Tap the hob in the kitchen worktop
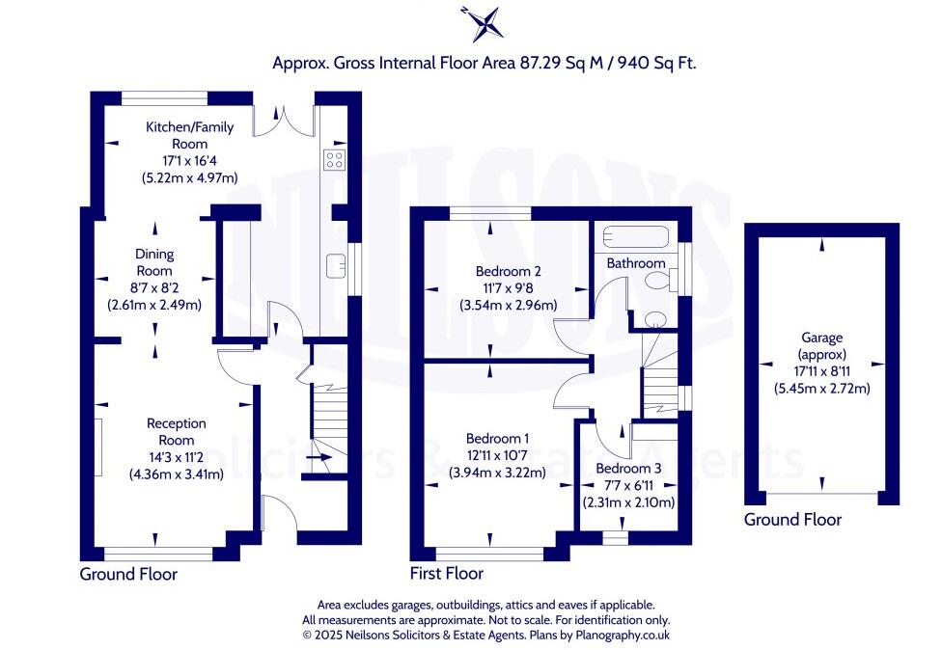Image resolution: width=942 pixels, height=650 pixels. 335,158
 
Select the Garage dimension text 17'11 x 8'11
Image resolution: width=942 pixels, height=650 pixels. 821,372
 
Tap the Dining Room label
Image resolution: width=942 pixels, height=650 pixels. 153,262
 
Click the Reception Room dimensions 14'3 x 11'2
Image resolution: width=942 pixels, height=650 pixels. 176,457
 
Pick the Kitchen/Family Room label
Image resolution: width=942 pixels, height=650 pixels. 177,135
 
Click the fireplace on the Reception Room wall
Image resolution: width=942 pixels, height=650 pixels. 98,446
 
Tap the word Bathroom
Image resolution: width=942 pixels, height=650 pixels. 635,263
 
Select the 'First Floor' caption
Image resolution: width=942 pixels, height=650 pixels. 446,574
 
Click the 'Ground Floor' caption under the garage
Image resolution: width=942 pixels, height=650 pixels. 792,520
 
